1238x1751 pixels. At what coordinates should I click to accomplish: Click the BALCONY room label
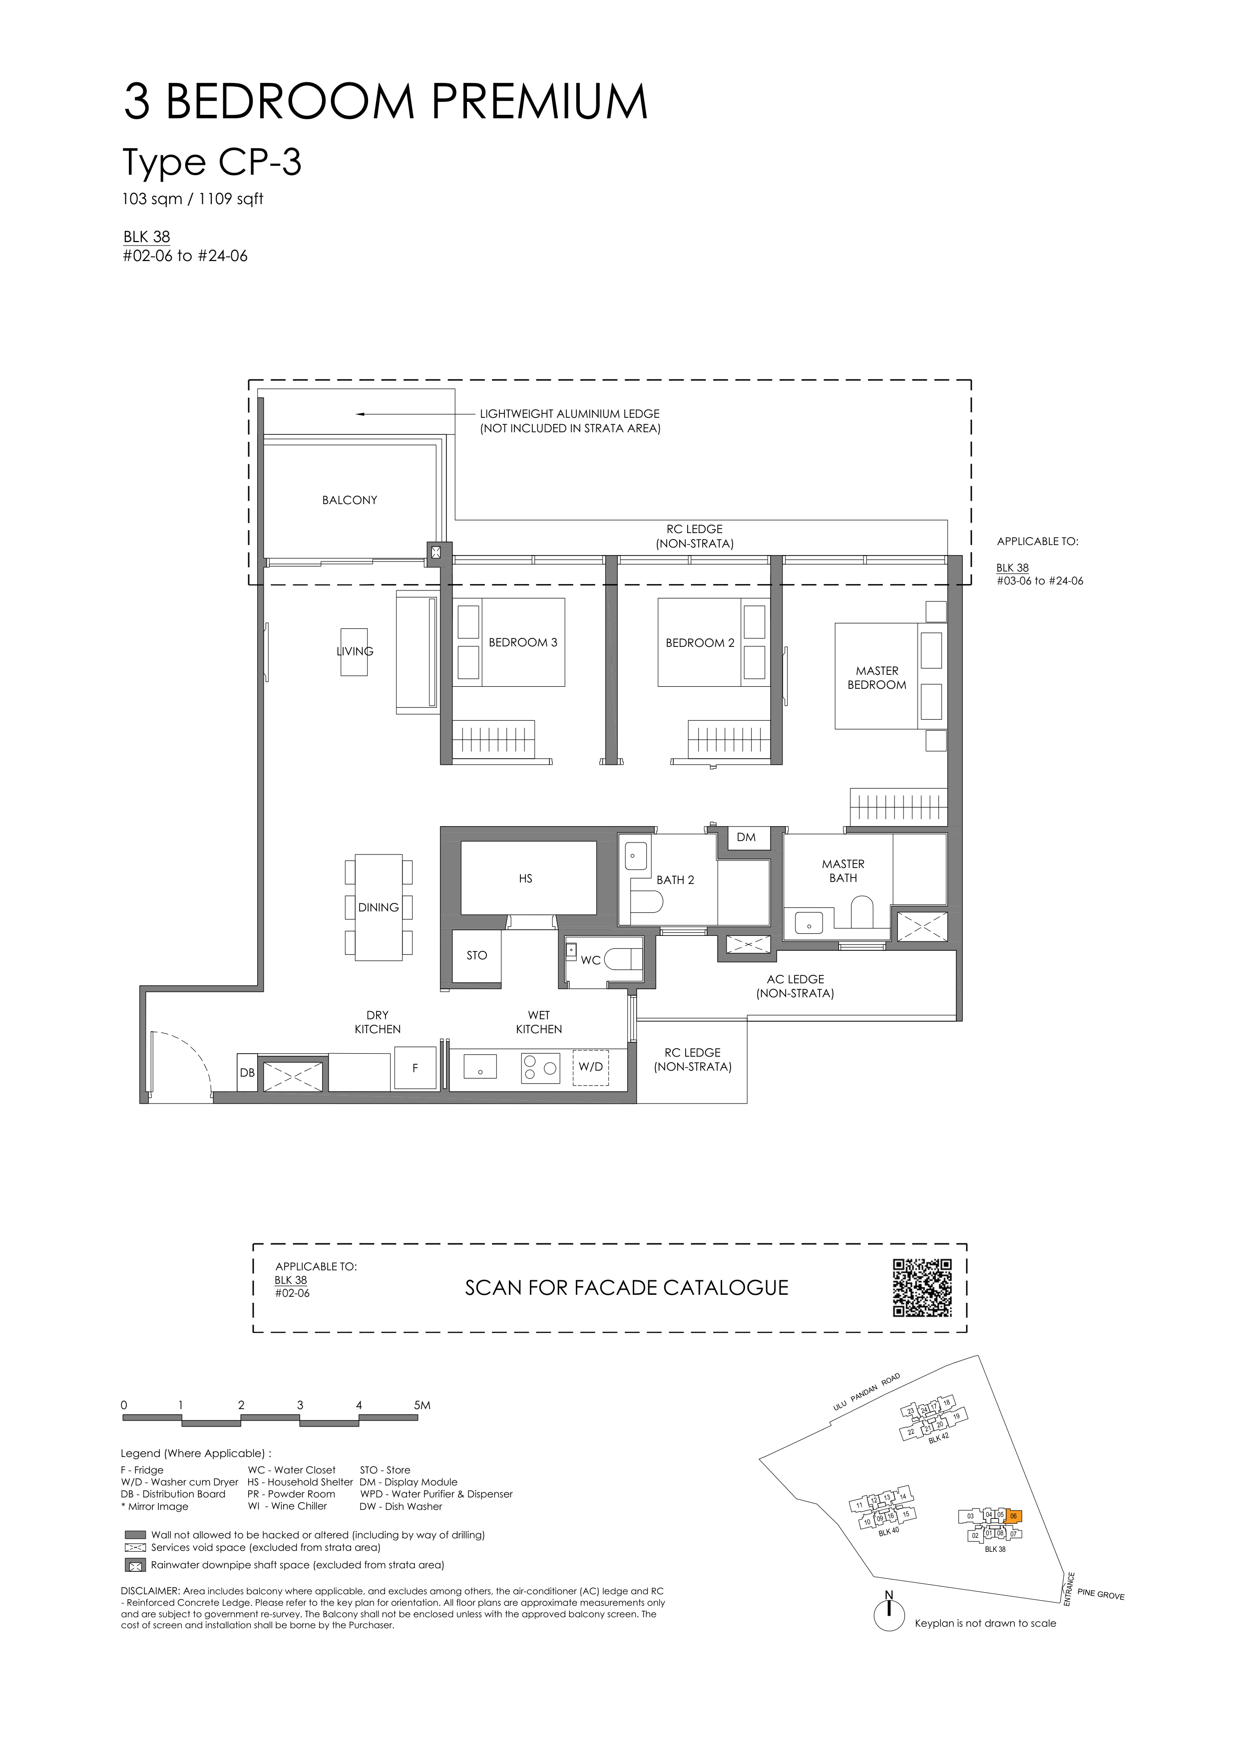point(350,500)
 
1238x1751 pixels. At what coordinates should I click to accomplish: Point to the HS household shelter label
point(525,878)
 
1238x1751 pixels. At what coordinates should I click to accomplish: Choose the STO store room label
point(477,955)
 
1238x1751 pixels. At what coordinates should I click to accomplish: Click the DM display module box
point(746,838)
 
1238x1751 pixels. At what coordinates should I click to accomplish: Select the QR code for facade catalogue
point(922,1287)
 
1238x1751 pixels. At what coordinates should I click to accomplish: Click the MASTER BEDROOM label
point(877,678)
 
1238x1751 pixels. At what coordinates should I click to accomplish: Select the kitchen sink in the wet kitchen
point(480,1066)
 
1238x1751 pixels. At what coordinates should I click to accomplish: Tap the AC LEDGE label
point(796,979)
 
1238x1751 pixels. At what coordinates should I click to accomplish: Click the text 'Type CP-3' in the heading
point(212,162)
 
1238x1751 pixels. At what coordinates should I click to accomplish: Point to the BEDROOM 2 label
point(700,643)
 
